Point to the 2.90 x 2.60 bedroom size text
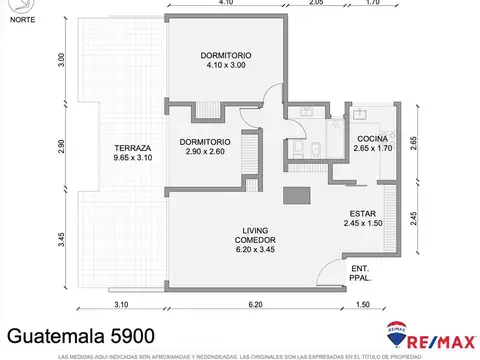pyautogui.click(x=206, y=153)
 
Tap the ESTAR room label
pyautogui.click(x=362, y=213)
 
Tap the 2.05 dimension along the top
pyautogui.click(x=316, y=4)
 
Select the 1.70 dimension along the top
pyautogui.click(x=372, y=4)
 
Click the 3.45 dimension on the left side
pyautogui.click(x=61, y=240)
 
